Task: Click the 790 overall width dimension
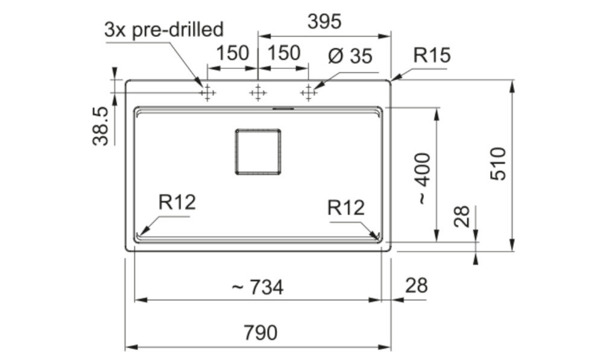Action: click(x=260, y=333)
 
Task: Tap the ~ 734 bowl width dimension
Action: click(x=257, y=287)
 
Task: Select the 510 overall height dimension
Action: click(x=499, y=163)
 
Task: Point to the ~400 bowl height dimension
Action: click(x=423, y=178)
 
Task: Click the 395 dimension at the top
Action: click(x=324, y=22)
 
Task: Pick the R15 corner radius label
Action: click(x=432, y=55)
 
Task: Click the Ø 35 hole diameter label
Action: click(x=350, y=56)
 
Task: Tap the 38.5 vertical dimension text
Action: click(x=101, y=126)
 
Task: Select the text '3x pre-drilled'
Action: click(x=164, y=29)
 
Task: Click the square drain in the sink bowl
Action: click(x=257, y=152)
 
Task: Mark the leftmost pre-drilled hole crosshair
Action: click(x=207, y=93)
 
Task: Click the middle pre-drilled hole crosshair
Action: click(x=257, y=93)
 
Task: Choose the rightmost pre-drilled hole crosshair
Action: click(x=308, y=93)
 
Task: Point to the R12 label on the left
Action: click(x=177, y=202)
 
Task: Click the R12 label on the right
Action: click(x=346, y=208)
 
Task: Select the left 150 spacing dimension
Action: click(x=233, y=53)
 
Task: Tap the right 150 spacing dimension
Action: click(x=283, y=53)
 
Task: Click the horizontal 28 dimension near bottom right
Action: click(x=416, y=286)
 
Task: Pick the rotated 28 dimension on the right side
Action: click(x=462, y=216)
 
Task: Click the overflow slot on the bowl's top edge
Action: click(x=283, y=109)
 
